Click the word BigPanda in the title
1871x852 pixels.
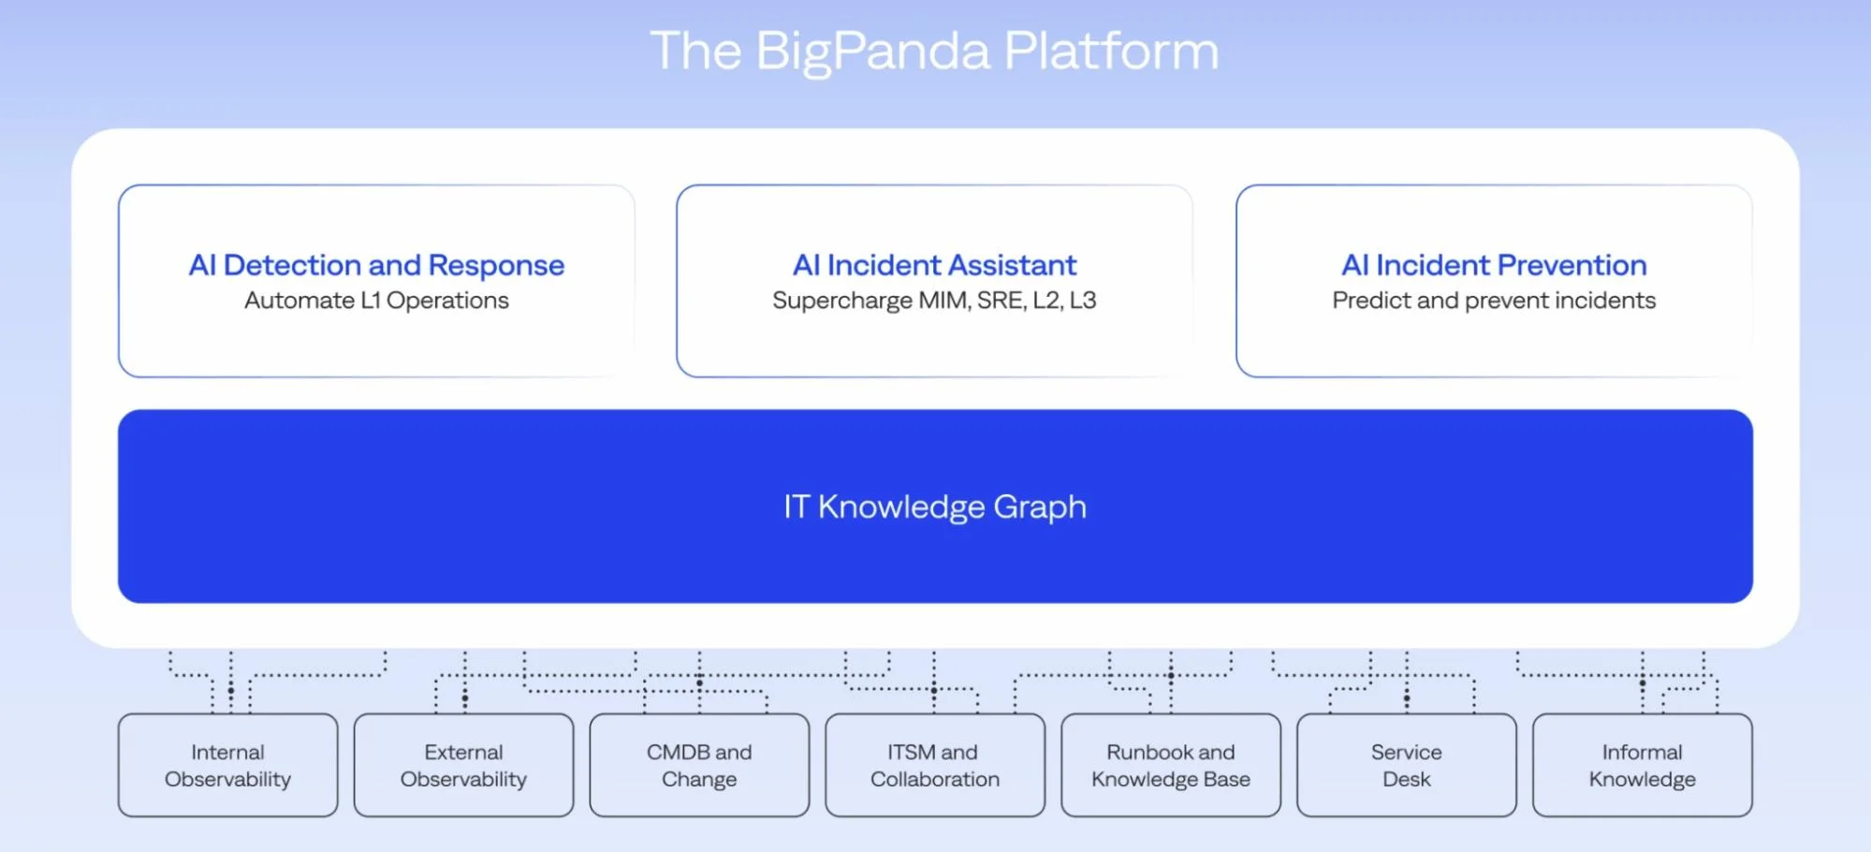[x=871, y=51]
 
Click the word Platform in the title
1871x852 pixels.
[x=1111, y=51]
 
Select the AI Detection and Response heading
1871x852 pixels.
[x=376, y=265]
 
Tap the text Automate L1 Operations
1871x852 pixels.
[x=376, y=301]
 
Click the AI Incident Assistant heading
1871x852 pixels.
[x=934, y=265]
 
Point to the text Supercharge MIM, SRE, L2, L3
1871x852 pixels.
[x=934, y=301]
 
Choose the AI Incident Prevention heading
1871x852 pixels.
[x=1494, y=265]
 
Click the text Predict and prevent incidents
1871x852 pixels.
[x=1494, y=301]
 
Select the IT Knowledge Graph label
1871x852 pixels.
[x=934, y=507]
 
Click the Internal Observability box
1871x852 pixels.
[x=227, y=765]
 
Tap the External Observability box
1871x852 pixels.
[x=463, y=765]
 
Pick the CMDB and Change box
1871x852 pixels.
[x=699, y=765]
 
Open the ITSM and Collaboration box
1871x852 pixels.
[x=934, y=765]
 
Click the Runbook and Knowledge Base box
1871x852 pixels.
[x=1170, y=765]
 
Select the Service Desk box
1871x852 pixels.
[x=1406, y=765]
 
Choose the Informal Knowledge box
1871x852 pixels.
[x=1642, y=765]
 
